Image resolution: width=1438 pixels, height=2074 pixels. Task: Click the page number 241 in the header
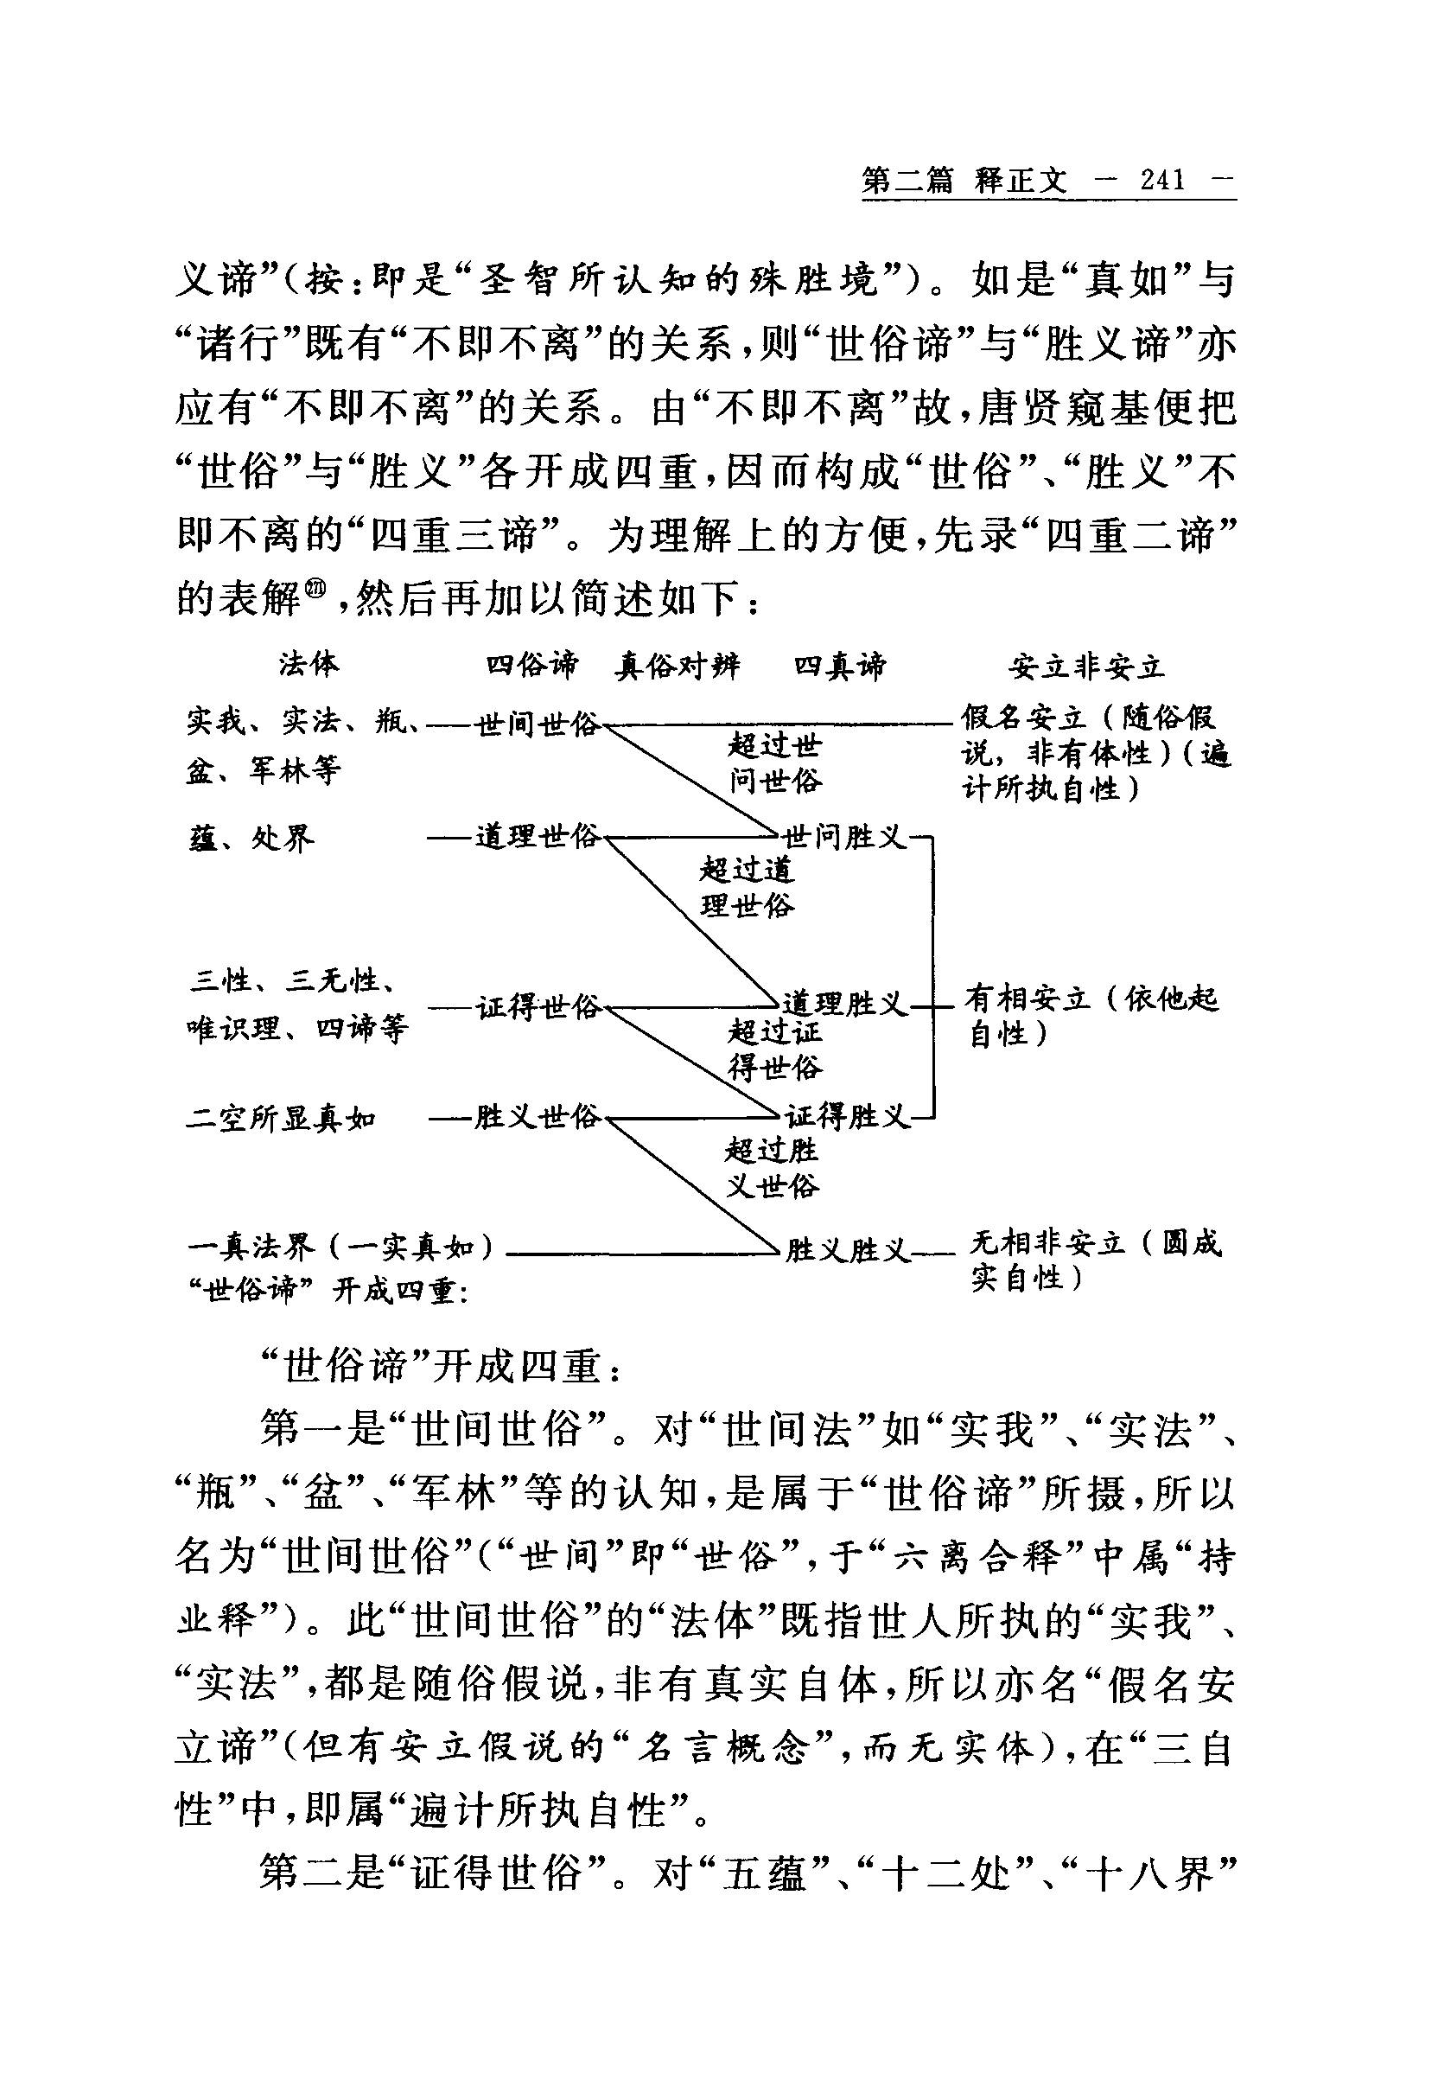pyautogui.click(x=1162, y=182)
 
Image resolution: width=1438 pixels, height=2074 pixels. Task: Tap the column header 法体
pyautogui.click(x=309, y=664)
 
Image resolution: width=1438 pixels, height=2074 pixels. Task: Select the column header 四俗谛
pyautogui.click(x=531, y=665)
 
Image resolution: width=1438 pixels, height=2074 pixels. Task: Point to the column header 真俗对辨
pyautogui.click(x=678, y=666)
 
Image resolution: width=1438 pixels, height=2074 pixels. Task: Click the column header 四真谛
pyautogui.click(x=840, y=666)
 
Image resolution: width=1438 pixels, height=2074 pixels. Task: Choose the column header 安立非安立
pyautogui.click(x=1086, y=667)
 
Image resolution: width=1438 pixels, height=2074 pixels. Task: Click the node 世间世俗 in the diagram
pyautogui.click(x=537, y=724)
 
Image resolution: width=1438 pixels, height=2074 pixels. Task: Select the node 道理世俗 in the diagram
pyautogui.click(x=537, y=837)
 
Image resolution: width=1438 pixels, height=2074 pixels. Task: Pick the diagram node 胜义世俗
pyautogui.click(x=537, y=1118)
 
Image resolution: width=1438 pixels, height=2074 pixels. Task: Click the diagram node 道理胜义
pyautogui.click(x=844, y=1003)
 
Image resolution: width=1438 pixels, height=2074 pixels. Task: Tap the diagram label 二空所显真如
pyautogui.click(x=281, y=1119)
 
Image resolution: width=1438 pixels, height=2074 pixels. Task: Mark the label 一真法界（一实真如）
pyautogui.click(x=340, y=1247)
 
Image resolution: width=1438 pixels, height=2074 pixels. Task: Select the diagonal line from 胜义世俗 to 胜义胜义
pyautogui.click(x=692, y=1184)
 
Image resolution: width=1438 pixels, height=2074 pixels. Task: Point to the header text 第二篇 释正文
pyautogui.click(x=964, y=182)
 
